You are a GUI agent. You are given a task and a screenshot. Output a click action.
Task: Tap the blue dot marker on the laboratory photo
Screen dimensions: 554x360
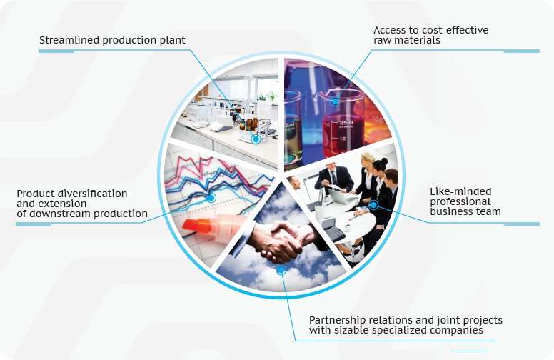[256, 139]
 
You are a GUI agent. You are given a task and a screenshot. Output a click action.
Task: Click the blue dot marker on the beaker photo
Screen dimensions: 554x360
[334, 101]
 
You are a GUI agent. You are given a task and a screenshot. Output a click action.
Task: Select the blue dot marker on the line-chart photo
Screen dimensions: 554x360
[211, 198]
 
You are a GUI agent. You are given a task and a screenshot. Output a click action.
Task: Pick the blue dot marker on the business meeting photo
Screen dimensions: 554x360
[373, 204]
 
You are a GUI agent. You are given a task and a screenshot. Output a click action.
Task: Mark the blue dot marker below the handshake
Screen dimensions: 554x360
[281, 271]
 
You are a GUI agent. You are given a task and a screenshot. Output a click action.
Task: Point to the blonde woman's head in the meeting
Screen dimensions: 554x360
[368, 159]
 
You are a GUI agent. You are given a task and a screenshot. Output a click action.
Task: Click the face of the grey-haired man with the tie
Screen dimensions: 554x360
[332, 172]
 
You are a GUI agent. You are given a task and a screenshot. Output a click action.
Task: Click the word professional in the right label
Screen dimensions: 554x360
[460, 202]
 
